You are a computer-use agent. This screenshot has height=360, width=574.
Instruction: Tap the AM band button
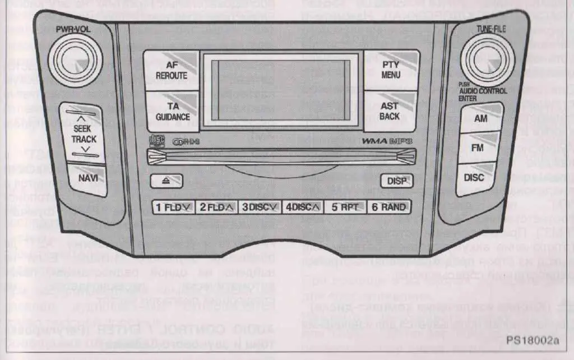click(480, 119)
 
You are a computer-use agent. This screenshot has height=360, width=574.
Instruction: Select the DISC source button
click(474, 177)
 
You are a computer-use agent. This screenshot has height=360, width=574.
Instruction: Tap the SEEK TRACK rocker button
click(84, 134)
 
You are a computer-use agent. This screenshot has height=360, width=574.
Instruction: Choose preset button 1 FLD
click(173, 207)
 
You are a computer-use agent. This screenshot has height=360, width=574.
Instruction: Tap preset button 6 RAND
click(388, 207)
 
